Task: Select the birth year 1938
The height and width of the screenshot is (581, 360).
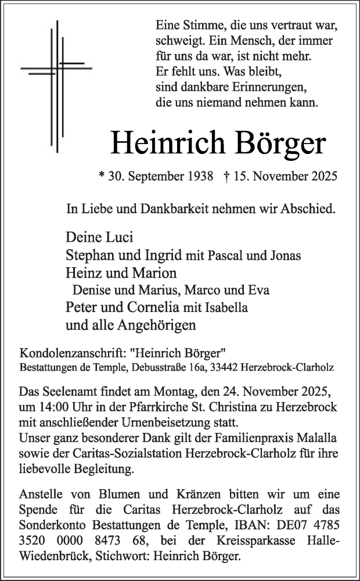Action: (199, 175)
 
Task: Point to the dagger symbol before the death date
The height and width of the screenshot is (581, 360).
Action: (226, 175)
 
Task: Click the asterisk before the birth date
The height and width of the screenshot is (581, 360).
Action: (103, 175)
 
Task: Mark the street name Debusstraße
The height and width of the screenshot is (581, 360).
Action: (159, 368)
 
